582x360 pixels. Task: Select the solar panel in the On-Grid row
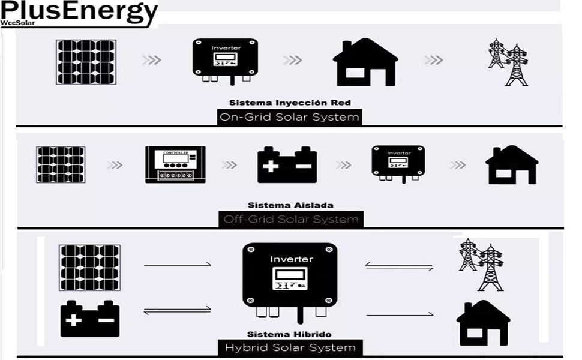pos(86,62)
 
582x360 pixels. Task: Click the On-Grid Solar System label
pos(290,117)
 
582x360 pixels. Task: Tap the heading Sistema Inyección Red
pos(290,103)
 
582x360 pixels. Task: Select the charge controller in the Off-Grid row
pos(175,164)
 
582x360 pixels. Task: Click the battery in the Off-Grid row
pos(287,164)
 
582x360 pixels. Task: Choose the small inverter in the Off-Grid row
pos(398,163)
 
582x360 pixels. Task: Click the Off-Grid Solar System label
pos(291,220)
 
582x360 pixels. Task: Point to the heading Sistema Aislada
pos(291,205)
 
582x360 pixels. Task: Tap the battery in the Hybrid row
pos(90,319)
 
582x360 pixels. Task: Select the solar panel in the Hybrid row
pos(90,267)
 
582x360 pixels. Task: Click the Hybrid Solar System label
pos(290,347)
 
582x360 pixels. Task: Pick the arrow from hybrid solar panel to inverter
pos(178,264)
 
